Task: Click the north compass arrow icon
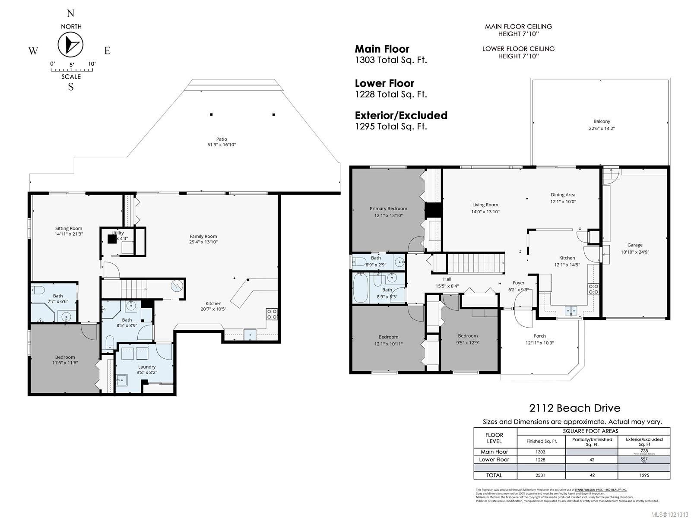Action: [x=70, y=45]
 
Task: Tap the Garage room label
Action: [x=635, y=245]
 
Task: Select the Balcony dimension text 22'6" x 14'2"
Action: [x=602, y=128]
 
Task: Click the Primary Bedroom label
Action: [x=388, y=208]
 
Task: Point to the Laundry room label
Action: [x=147, y=366]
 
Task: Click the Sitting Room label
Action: [x=68, y=228]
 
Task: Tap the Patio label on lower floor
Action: [x=222, y=139]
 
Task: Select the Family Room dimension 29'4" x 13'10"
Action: [x=203, y=242]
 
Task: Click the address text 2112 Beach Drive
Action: [x=574, y=408]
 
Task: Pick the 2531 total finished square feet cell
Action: [x=541, y=475]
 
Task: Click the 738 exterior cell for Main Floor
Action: [x=644, y=451]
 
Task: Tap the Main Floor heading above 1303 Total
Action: [x=382, y=49]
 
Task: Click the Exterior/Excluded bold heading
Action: [x=401, y=116]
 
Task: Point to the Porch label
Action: [x=539, y=336]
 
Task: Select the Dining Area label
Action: [x=563, y=195]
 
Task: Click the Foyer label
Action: [x=518, y=283]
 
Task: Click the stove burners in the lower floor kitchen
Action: [x=272, y=314]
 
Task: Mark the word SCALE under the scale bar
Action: [x=71, y=77]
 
